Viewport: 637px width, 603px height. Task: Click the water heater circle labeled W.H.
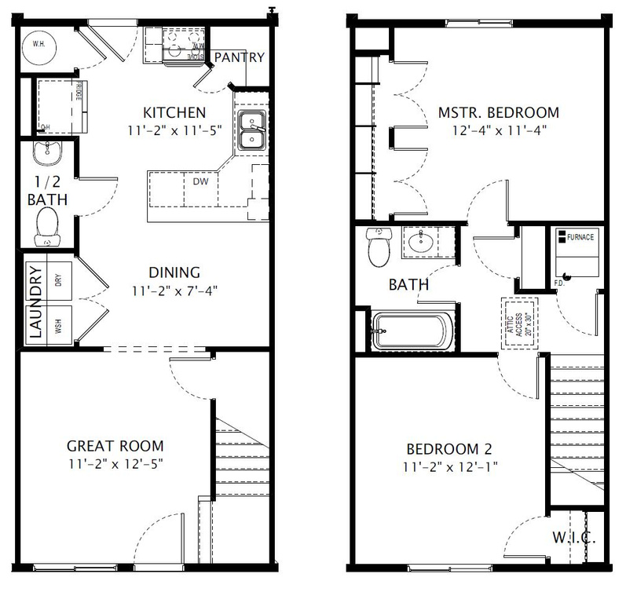point(38,45)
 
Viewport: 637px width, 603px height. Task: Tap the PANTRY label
point(239,57)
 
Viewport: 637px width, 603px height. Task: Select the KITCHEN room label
point(174,112)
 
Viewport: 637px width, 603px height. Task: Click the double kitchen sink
point(251,130)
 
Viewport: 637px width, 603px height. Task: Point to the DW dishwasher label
point(200,181)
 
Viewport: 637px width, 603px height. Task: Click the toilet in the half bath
point(47,225)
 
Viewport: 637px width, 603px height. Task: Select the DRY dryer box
point(59,279)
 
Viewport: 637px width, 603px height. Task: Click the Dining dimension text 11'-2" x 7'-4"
point(174,291)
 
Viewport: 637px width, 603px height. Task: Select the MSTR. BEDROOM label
point(498,112)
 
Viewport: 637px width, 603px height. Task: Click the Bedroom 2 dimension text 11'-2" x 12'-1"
point(450,466)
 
